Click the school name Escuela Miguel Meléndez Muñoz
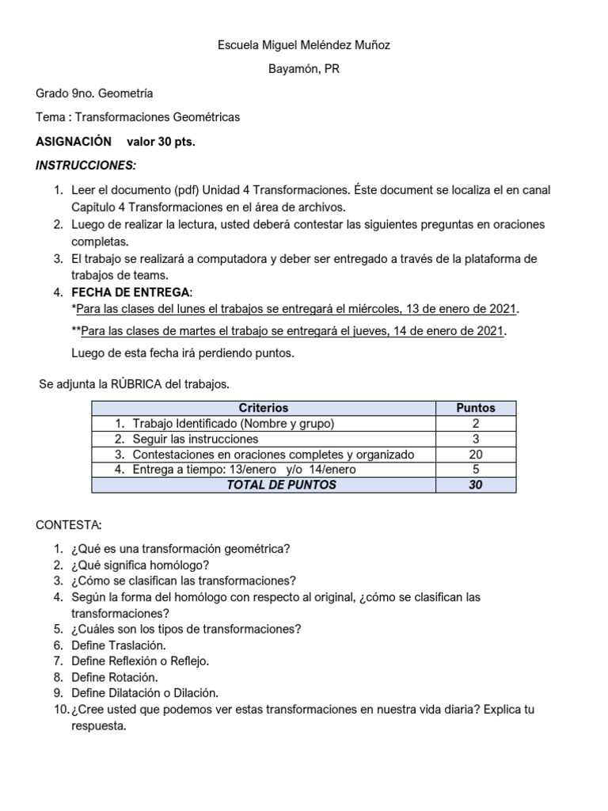(x=303, y=45)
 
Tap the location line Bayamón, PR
(x=303, y=69)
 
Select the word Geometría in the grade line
(x=125, y=93)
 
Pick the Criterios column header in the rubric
(x=264, y=408)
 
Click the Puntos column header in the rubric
(x=476, y=408)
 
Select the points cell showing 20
(x=476, y=454)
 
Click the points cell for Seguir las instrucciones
(x=476, y=439)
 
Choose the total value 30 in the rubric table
(x=476, y=485)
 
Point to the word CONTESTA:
(x=68, y=525)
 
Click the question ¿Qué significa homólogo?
(x=140, y=565)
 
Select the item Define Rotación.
(x=115, y=676)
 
